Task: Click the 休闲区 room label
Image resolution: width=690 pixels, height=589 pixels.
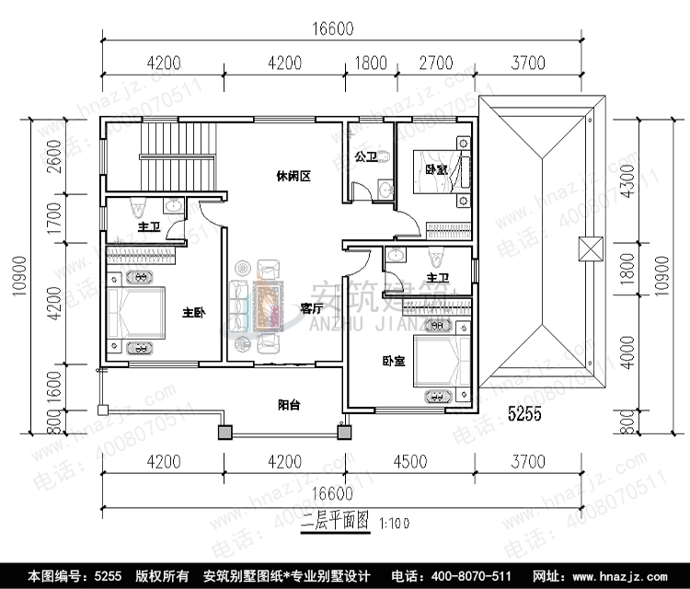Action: (x=292, y=176)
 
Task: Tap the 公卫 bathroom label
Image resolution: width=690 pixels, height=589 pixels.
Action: (x=365, y=156)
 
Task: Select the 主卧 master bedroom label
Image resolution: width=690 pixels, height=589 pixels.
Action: (x=192, y=312)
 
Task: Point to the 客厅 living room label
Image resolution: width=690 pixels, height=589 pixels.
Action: (x=311, y=308)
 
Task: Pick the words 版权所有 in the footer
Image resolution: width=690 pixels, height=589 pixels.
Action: (x=163, y=575)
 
